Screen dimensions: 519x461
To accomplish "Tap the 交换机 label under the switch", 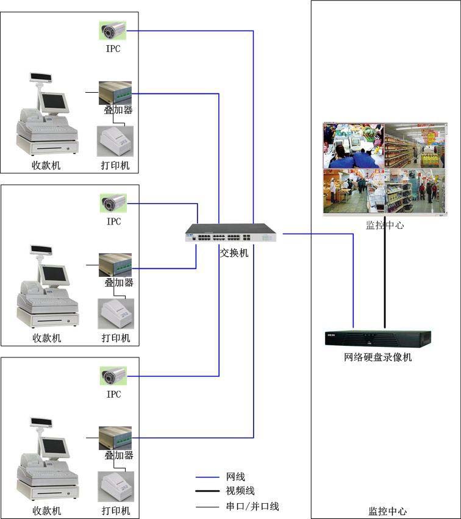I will [234, 252].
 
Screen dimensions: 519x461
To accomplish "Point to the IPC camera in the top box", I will [113, 30].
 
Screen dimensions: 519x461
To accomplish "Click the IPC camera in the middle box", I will [113, 203].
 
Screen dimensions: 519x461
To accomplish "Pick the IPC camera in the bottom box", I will [113, 376].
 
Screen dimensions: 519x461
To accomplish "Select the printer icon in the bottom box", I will [115, 487].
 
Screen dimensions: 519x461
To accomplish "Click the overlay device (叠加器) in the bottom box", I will [115, 437].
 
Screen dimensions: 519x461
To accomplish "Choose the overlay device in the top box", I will [115, 92].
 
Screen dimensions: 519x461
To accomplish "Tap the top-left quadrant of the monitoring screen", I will [354, 146].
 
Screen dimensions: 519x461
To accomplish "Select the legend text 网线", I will [236, 477].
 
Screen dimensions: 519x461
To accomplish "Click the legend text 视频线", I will [240, 491].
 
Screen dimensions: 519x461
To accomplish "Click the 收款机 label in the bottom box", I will [47, 511].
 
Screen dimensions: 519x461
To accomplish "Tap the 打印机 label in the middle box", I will [116, 338].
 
